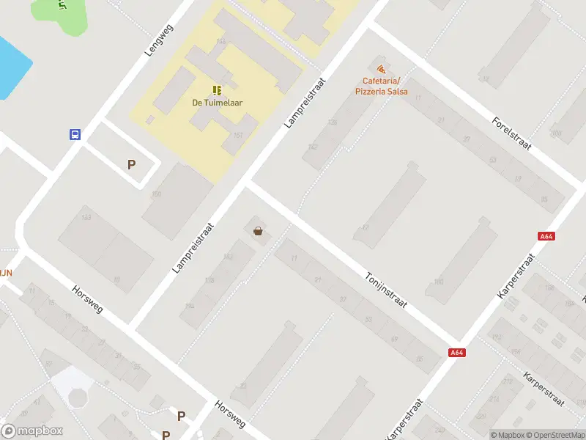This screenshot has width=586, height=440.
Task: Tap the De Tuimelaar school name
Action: [x=217, y=103]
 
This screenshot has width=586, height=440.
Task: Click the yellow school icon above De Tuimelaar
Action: [x=217, y=90]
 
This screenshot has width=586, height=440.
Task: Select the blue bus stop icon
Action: [x=75, y=134]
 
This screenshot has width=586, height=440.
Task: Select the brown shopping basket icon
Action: [x=258, y=232]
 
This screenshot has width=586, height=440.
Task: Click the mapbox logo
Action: [x=32, y=431]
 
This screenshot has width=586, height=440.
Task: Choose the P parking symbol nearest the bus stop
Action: [x=131, y=165]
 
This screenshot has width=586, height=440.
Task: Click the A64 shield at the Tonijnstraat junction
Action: [x=457, y=353]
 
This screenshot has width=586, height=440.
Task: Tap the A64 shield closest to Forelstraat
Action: [x=546, y=236]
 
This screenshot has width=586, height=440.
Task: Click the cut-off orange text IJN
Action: [x=6, y=272]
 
